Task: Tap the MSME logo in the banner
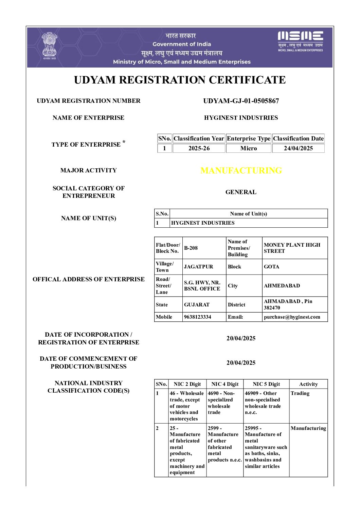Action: coord(300,41)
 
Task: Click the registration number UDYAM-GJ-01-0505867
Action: coord(241,101)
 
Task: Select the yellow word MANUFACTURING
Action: coord(241,170)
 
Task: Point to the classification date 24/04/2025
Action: coord(298,148)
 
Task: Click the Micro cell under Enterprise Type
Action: coord(249,148)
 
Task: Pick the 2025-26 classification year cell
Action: coord(199,148)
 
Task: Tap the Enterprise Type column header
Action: coord(249,138)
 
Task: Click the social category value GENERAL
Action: coord(241,192)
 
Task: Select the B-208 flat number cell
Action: coord(191,248)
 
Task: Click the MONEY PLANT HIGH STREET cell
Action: coord(292,248)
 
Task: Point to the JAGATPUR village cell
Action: coord(199,267)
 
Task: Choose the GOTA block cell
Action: coord(272,267)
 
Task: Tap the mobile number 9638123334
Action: coord(198,317)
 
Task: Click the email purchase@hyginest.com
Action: coord(292,317)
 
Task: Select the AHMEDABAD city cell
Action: coord(282,286)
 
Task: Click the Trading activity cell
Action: coord(300,393)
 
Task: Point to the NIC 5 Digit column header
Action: coord(266,384)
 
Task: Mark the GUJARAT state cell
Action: coord(197,305)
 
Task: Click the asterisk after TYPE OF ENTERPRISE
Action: coord(124,142)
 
